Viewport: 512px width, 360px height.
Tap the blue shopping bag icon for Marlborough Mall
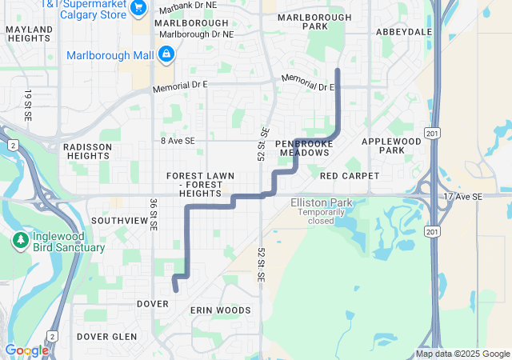pos(166,54)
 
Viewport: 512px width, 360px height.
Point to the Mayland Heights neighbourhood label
pos(29,34)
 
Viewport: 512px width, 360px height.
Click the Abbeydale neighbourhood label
pos(403,32)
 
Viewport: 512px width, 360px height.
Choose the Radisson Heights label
pos(86,151)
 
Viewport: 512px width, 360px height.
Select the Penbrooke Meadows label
pos(303,148)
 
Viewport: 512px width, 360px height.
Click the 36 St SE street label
pos(153,214)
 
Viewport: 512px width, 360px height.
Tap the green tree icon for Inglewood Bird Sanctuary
pos(20,240)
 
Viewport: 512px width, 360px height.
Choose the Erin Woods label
pos(220,310)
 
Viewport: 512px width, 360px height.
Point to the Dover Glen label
pos(107,337)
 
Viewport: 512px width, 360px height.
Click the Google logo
pos(26,350)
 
